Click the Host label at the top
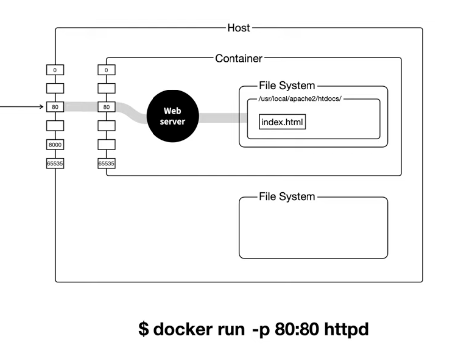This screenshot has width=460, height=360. (238, 28)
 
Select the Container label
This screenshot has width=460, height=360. (238, 58)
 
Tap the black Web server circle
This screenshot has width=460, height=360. (172, 116)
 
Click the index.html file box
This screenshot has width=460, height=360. (282, 122)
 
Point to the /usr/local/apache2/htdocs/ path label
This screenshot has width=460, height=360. (300, 99)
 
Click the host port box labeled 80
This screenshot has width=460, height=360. (55, 107)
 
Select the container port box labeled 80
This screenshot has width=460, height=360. (106, 107)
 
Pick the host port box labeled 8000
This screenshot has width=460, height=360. (55, 145)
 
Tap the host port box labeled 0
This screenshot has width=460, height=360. (55, 70)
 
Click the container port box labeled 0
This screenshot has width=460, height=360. (106, 70)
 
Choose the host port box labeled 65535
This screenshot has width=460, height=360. (55, 163)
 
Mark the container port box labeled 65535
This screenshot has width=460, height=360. (106, 163)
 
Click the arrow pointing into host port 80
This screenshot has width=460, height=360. (22, 107)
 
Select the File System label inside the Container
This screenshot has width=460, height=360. (287, 86)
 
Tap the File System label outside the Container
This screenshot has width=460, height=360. (287, 197)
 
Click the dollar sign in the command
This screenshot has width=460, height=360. (143, 329)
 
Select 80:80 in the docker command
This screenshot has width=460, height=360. (297, 329)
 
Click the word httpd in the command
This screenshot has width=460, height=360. (346, 330)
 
